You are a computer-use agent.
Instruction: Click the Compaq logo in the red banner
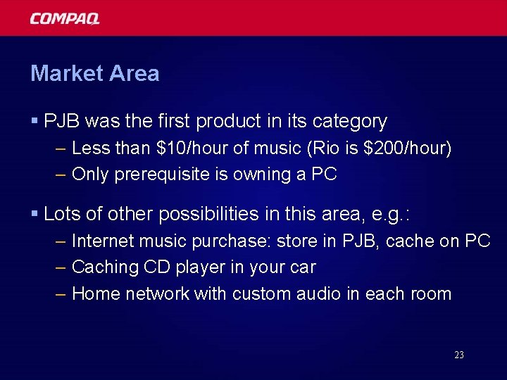65,18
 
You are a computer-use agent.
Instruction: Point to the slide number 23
459,355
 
